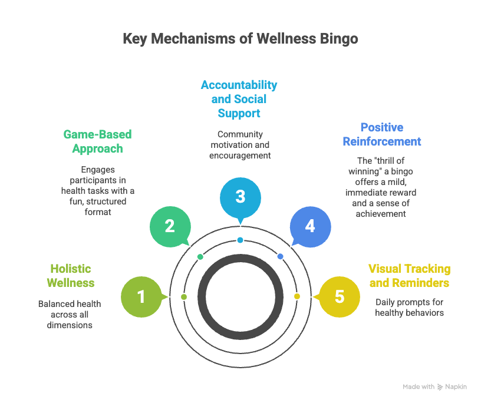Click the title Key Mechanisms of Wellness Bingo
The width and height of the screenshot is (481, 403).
pos(240,39)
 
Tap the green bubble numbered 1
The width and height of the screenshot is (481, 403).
pos(141,296)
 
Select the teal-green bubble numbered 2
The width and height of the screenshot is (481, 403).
pos(170,226)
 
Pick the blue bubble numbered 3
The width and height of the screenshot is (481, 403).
pos(240,196)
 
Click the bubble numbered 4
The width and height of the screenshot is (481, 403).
pos(310,226)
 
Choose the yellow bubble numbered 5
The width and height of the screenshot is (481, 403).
pos(339,296)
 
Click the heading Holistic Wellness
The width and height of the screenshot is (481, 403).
pos(70,276)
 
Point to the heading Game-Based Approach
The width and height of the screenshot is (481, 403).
pos(97,141)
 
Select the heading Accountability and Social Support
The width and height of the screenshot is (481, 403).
pos(239,99)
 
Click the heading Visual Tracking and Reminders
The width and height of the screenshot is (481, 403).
pos(409,276)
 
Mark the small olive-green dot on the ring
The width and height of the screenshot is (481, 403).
pos(184,296)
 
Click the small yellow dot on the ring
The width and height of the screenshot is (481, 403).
pos(296,296)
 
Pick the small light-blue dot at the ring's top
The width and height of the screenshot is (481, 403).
pos(240,240)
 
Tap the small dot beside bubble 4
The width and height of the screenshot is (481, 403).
pos(280,256)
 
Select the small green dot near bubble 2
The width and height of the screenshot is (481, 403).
pos(200,256)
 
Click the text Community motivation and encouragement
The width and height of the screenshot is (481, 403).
pos(239,145)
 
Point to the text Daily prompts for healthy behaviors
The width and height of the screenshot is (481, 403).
pos(409,308)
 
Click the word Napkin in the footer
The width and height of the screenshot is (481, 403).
pos(455,387)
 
